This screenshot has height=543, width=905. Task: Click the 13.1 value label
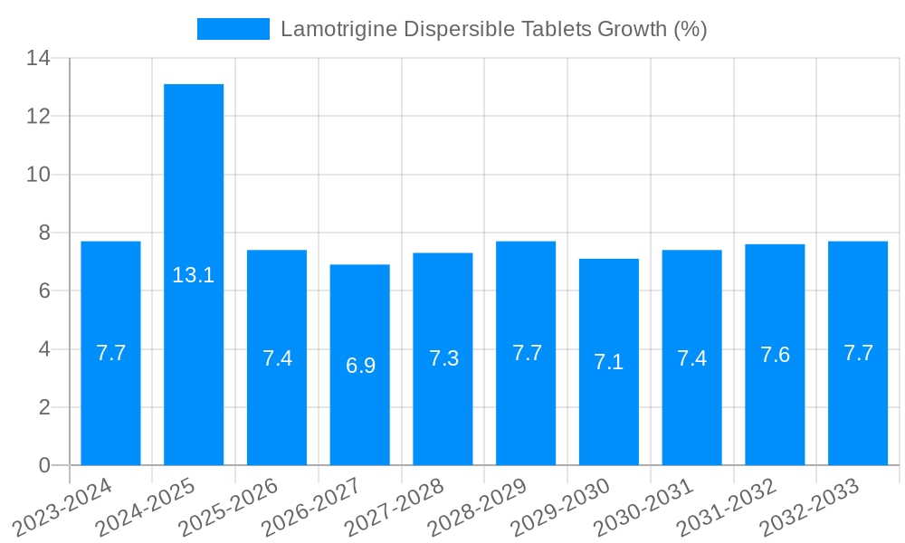coord(194,275)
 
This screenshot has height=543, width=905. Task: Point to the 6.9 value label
coord(360,366)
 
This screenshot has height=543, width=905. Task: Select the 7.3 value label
coord(443,358)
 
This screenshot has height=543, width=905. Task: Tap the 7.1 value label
coord(609,362)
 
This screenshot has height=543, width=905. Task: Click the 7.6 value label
coord(775,355)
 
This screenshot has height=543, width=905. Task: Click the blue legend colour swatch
coord(233,29)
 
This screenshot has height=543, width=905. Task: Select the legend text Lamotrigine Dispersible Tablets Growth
coord(493,29)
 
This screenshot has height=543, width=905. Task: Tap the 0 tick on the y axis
coord(44,465)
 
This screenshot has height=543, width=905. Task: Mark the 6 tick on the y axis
coord(44,291)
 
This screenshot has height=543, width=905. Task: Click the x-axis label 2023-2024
coord(62,508)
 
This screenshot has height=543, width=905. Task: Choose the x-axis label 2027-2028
coord(395,508)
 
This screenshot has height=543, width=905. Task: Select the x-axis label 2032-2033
coord(810,508)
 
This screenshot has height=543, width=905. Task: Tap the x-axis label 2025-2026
coord(229,508)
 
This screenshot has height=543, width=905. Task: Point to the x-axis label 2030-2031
coord(643,508)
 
